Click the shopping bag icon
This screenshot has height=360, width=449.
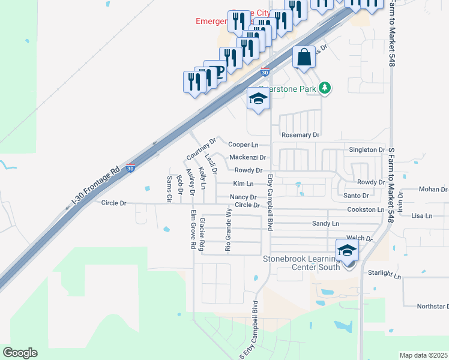coord(304,57)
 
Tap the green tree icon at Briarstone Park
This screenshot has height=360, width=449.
coord(325,88)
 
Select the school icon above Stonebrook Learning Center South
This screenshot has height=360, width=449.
coord(347,251)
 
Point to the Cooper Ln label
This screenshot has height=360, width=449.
coord(243,145)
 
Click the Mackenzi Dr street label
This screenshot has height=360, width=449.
coord(247,157)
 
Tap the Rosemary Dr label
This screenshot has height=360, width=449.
coord(300,135)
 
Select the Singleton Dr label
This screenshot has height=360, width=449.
coord(367,149)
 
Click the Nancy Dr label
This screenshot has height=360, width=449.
coord(243,197)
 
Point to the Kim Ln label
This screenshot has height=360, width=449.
coord(243,184)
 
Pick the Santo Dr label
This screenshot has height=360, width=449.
coord(357,196)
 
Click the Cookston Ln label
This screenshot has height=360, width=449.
coord(365,209)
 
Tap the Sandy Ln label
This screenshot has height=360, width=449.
coord(326,223)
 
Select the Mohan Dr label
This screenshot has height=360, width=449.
coord(433,190)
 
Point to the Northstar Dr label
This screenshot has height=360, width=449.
coord(433,306)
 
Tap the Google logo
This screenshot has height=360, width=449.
coord(20,353)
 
